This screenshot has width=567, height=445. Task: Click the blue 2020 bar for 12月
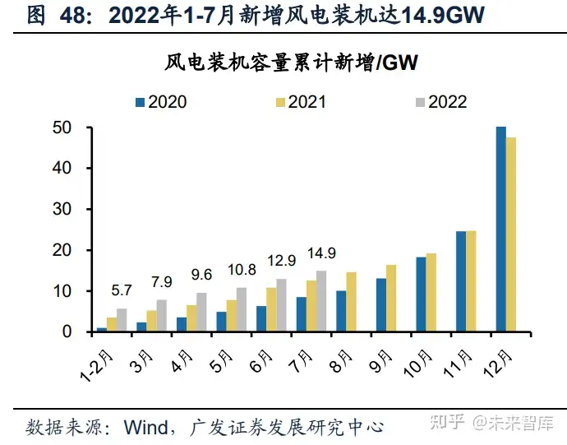pyautogui.click(x=500, y=229)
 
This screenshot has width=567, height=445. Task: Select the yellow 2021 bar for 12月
pyautogui.click(x=511, y=234)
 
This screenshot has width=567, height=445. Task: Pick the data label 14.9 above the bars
pyautogui.click(x=321, y=253)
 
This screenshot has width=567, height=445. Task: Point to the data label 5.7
pyautogui.click(x=122, y=290)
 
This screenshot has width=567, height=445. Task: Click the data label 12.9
pyautogui.click(x=282, y=261)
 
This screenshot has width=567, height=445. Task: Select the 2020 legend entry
pyautogui.click(x=160, y=102)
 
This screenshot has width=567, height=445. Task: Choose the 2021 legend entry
pyautogui.click(x=300, y=102)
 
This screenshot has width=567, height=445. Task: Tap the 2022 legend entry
pyautogui.click(x=440, y=102)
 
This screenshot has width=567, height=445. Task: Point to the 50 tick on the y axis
pyautogui.click(x=59, y=127)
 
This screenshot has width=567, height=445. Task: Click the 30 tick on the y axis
pyautogui.click(x=59, y=209)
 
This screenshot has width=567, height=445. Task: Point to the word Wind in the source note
pyautogui.click(x=147, y=427)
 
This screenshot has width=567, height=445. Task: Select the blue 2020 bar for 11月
pyautogui.click(x=461, y=281)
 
